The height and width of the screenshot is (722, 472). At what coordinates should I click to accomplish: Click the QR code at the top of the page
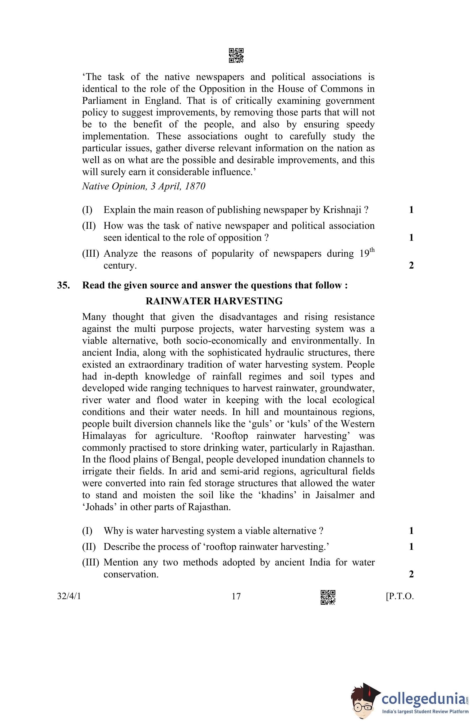[236, 56]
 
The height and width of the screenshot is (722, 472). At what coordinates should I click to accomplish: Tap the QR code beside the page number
[328, 597]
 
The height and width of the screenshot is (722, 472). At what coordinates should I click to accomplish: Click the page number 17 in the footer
[236, 596]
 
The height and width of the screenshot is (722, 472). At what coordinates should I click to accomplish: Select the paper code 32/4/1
[69, 596]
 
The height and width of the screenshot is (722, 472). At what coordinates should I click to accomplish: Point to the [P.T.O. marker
[400, 596]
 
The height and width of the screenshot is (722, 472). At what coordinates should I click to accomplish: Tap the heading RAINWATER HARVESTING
[214, 301]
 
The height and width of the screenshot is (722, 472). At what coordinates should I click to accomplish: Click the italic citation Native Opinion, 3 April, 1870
[144, 186]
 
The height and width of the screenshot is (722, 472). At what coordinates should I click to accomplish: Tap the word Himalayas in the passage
[104, 436]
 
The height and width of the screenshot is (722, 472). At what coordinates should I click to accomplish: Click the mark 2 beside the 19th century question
[411, 265]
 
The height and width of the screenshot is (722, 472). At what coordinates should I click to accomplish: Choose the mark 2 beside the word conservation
[411, 574]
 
